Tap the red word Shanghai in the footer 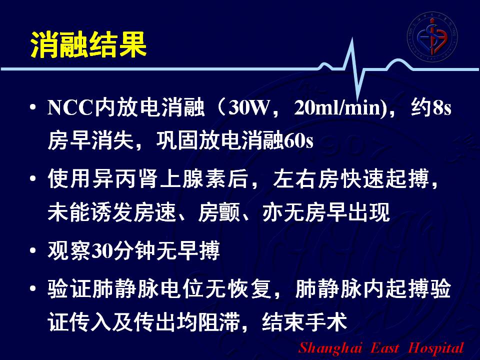pos(330,348)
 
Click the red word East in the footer pos(385,348)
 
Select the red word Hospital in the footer pos(436,348)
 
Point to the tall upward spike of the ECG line pos(352,39)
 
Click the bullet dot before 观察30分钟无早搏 pos(33,250)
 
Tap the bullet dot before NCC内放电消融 pos(33,107)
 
